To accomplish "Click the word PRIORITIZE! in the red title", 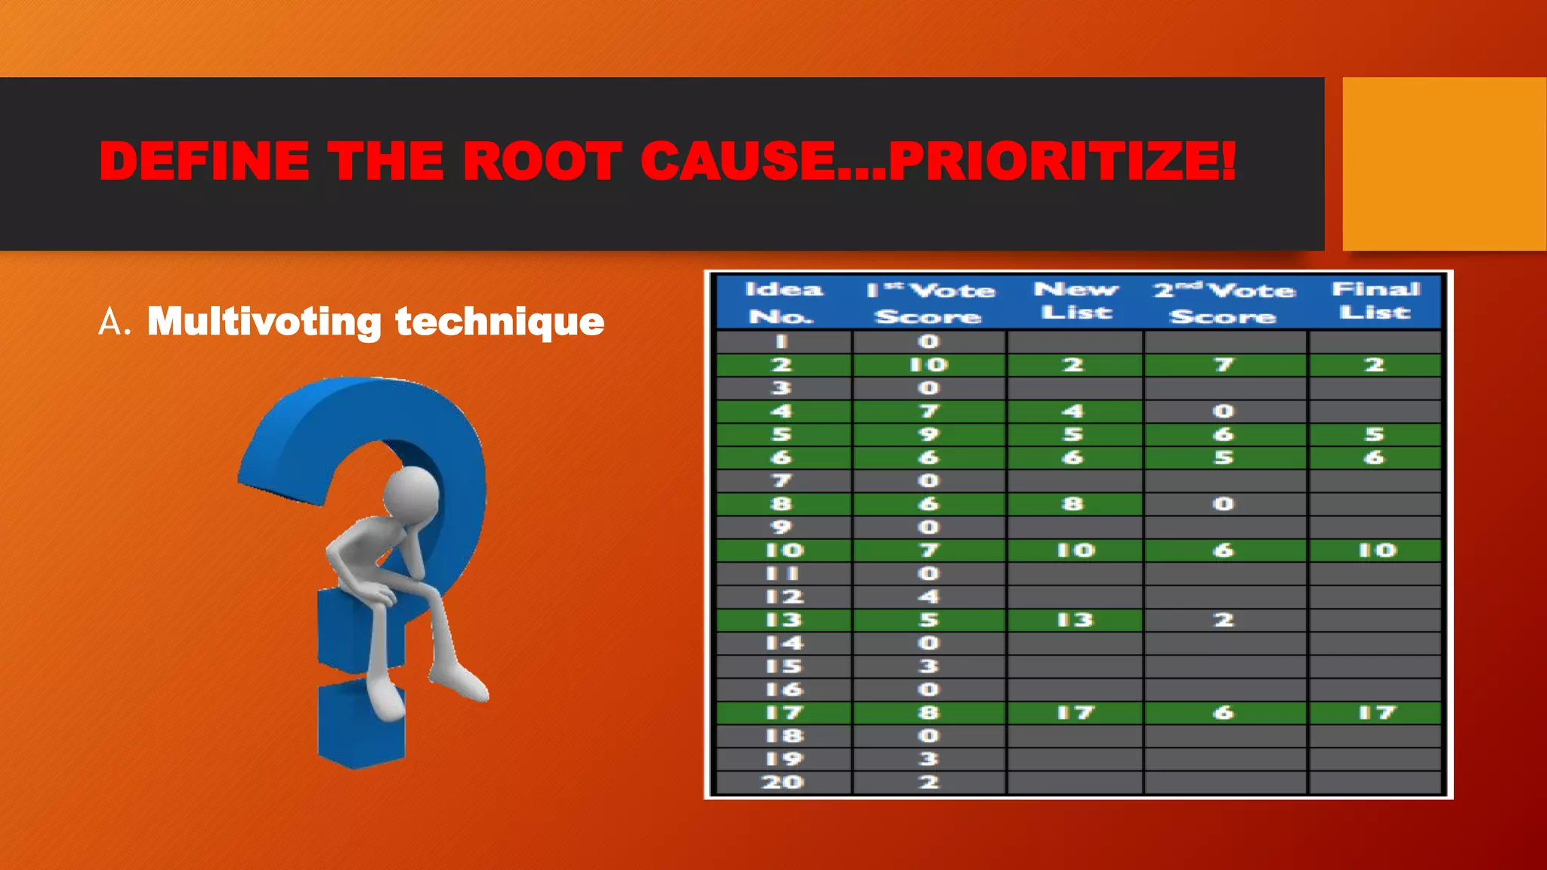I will (1061, 162).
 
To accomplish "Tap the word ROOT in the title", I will (542, 162).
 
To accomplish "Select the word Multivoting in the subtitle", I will (264, 322).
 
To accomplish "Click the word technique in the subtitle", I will (499, 322).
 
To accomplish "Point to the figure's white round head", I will (411, 494).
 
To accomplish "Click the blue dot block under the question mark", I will (361, 723).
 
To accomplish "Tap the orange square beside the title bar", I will (1444, 163).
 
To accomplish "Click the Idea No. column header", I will (783, 302).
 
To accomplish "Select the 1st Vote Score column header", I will (929, 302).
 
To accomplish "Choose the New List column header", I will (1076, 301).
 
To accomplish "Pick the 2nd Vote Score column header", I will (1224, 302).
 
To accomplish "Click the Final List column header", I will (1376, 301).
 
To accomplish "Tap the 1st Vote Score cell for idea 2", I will (928, 365).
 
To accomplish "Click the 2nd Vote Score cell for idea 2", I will (1224, 365).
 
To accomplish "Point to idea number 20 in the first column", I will (783, 782).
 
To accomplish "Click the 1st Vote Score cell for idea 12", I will (928, 597).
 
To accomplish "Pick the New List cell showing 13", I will (1075, 620).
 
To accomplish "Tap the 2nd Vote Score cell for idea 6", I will (1224, 458).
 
